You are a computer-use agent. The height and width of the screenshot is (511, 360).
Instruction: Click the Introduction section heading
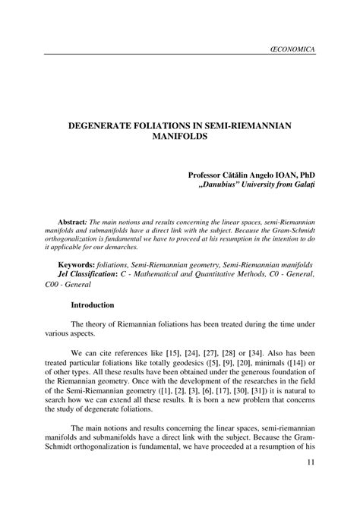(x=92, y=305)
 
